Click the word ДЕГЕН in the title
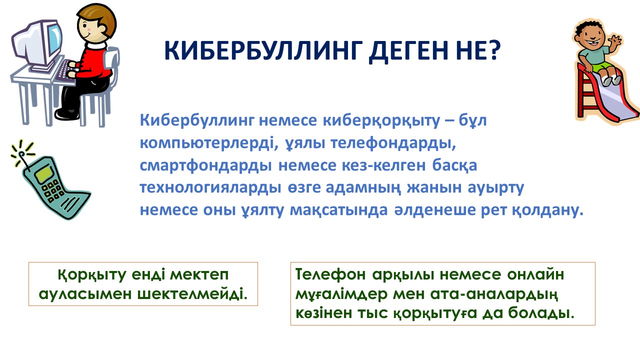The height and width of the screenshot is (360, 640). pos(408,51)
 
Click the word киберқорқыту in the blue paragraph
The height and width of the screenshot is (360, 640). pos(381,121)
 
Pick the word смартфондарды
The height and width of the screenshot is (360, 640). pos(205,165)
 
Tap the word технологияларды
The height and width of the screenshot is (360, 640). pos(210,188)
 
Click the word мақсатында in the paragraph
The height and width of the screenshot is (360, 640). pos(339,210)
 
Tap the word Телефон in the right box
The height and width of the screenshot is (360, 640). pos(330,274)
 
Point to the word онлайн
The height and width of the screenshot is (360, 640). pos(535,275)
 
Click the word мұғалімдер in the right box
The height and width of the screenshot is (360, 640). pos(341,294)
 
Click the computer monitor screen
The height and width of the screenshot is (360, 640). pos(54,41)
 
